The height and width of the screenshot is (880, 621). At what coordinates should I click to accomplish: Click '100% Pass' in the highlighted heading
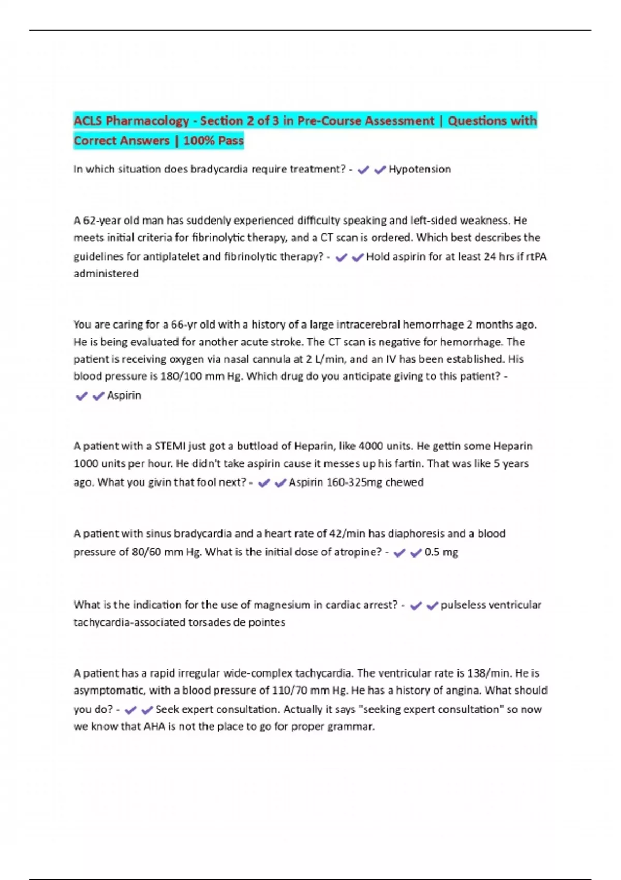click(x=213, y=141)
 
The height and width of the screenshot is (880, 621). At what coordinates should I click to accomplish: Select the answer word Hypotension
click(x=420, y=169)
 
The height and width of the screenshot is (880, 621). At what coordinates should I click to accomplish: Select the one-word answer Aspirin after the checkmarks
click(x=124, y=395)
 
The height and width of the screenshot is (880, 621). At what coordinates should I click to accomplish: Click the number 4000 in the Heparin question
click(x=372, y=446)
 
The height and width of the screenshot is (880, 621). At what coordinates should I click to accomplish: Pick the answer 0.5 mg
click(x=441, y=552)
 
